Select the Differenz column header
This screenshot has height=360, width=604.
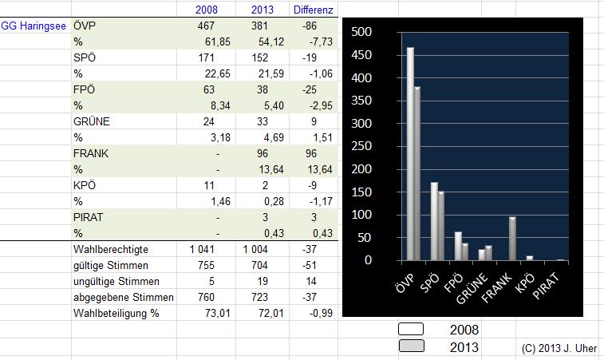coord(313,10)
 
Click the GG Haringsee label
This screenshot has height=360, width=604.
coord(34,26)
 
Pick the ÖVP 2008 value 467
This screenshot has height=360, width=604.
coord(207,26)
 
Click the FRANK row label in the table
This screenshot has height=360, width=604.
coord(90,152)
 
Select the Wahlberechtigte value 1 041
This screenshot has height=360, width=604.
coord(203,250)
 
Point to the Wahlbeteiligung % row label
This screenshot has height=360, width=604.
coord(116,314)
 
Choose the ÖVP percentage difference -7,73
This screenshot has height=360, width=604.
coord(320,42)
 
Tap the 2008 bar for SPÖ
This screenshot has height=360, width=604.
coord(434,220)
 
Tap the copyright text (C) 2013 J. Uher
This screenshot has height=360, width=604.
coord(559,349)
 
